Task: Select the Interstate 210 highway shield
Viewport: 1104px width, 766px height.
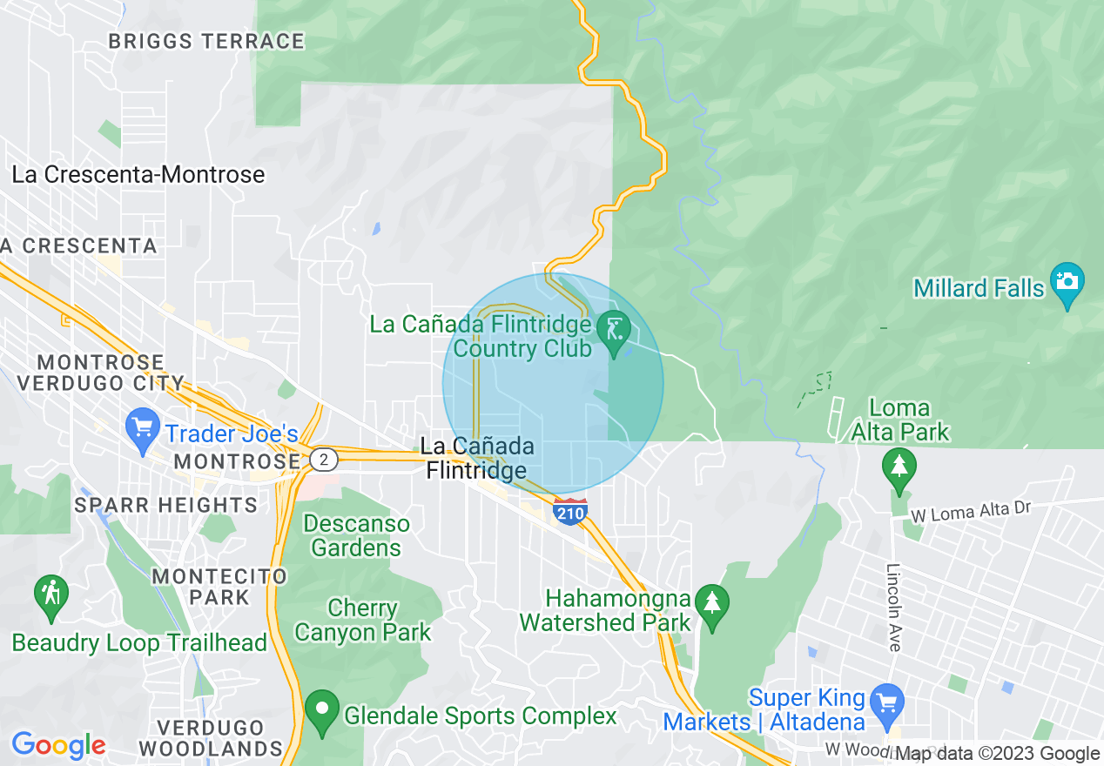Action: [569, 512]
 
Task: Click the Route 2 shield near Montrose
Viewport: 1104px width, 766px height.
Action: [324, 460]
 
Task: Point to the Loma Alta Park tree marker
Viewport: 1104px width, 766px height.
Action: [899, 467]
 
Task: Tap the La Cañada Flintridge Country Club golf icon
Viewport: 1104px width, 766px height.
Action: [616, 329]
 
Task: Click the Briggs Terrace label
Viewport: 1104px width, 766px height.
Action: [206, 41]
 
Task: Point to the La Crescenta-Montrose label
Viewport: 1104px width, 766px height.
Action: [138, 175]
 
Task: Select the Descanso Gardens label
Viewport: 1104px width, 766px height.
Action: [356, 535]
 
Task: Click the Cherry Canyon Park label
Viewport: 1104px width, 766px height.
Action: [363, 620]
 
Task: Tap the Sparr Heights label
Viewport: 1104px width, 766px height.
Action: [165, 505]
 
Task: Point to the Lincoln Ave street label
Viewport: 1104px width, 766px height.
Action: [894, 608]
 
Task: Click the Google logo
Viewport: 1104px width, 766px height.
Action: [57, 746]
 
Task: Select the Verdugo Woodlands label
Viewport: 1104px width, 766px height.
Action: [210, 737]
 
